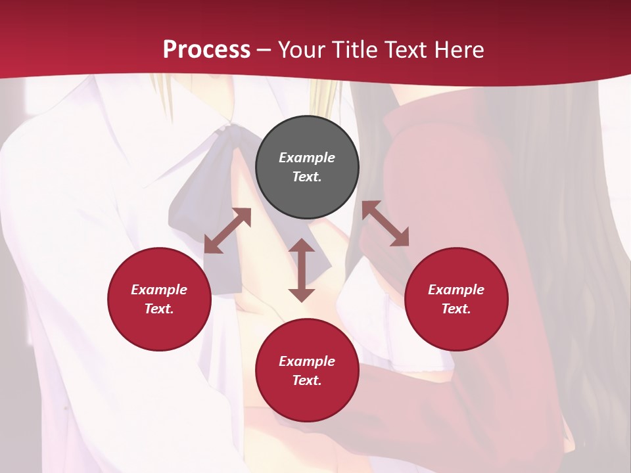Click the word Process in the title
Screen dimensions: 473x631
pyautogui.click(x=206, y=49)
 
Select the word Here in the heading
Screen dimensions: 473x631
pyautogui.click(x=459, y=49)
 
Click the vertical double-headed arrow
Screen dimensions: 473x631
pyautogui.click(x=302, y=270)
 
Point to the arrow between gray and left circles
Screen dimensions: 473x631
pyautogui.click(x=227, y=231)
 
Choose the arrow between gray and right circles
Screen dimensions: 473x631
pyautogui.click(x=386, y=223)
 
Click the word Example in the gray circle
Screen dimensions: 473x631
pyautogui.click(x=307, y=158)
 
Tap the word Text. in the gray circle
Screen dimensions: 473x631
pyautogui.click(x=307, y=177)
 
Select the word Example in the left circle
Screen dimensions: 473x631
pyautogui.click(x=159, y=290)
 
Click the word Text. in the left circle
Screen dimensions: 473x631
pyautogui.click(x=159, y=309)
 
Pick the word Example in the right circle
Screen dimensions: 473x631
pyautogui.click(x=456, y=290)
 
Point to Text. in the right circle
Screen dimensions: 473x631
pyautogui.click(x=456, y=309)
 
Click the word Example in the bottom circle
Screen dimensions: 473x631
pyautogui.click(x=307, y=361)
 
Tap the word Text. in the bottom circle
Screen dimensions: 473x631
pyautogui.click(x=307, y=380)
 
